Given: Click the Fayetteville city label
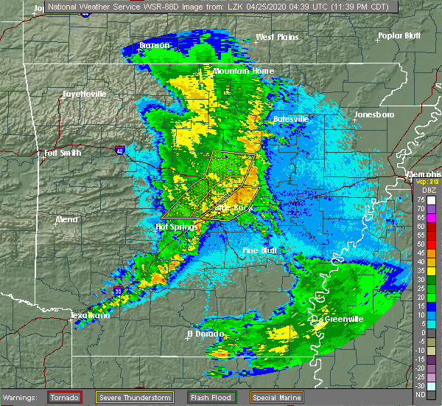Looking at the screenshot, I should [x=84, y=94].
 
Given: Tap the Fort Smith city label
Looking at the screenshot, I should [x=62, y=154].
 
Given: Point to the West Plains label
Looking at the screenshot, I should [x=279, y=37].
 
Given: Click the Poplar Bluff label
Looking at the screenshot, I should [x=401, y=35].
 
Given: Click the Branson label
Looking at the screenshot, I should [x=155, y=46].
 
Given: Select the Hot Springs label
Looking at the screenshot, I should [x=174, y=227].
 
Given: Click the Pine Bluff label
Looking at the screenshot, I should [x=259, y=251].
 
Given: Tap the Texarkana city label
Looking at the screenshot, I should [x=90, y=316].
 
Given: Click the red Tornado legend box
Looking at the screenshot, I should [x=65, y=397].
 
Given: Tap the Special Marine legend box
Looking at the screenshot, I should [x=276, y=397].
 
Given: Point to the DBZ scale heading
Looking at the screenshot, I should [x=421, y=190].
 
